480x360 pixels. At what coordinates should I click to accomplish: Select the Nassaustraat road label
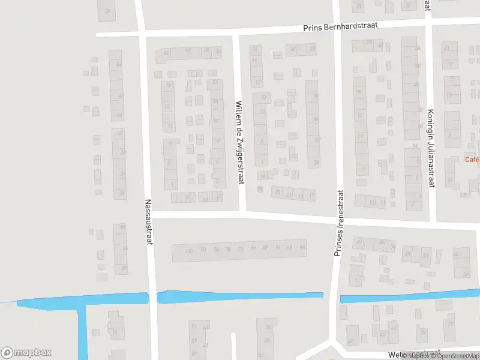point(148,222)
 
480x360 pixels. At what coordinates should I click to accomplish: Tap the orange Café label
point(472,159)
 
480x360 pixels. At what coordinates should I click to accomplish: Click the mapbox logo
point(26,353)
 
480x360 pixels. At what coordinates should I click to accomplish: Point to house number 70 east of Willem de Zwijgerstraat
point(315,96)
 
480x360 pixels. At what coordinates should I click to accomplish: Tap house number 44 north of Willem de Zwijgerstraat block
point(166,53)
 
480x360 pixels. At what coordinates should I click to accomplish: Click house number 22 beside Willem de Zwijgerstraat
point(215,82)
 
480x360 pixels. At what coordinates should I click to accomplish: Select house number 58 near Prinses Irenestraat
point(316,163)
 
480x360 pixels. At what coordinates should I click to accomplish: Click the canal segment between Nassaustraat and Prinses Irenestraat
point(240,296)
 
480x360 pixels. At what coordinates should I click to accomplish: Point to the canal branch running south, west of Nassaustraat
point(82,330)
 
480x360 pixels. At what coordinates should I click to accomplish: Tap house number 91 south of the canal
point(193,326)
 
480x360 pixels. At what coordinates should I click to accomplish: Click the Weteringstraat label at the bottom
point(414,353)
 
